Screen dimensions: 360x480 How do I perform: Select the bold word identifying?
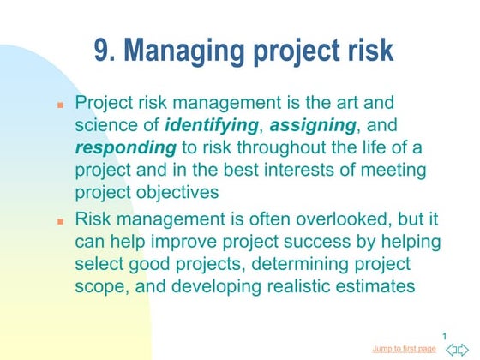[x=211, y=125]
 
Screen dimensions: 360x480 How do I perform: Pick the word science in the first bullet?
[x=105, y=125]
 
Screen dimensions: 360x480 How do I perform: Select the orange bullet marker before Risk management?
[x=61, y=221]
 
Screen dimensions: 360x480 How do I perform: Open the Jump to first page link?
[x=405, y=349]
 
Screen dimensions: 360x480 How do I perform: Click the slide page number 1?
[x=446, y=334]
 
